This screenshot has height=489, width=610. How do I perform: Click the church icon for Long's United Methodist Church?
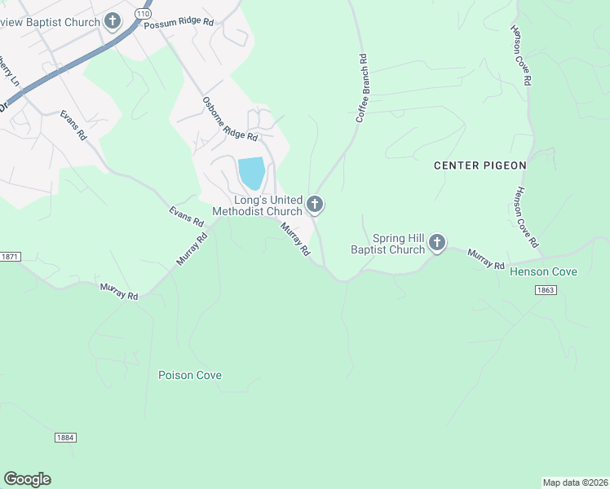pos(315,205)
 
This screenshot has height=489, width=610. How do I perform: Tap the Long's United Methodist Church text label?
pos(257,205)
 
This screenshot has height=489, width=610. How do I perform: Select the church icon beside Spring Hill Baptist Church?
pos(437,242)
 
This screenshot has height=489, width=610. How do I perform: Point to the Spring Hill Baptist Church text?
pos(388,244)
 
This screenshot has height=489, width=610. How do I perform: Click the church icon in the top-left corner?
pos(113,22)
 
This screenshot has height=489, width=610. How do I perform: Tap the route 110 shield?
pos(144,15)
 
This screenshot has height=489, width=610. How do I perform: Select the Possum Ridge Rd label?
pos(178,24)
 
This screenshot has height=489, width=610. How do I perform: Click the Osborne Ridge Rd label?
pos(230,118)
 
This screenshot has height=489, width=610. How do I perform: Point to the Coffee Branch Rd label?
pos(361,88)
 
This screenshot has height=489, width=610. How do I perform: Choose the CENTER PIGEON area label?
pos(480,165)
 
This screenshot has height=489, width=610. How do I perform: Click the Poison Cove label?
pos(190,376)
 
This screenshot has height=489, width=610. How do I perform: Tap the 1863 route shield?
pos(546,289)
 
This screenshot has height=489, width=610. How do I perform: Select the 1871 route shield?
pos(8,257)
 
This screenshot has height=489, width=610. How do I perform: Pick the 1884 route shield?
pos(66,438)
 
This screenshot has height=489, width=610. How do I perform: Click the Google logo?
pos(27,479)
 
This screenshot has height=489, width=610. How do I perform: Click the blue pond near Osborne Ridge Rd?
pos(251,173)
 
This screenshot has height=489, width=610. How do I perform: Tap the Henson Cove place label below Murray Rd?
pos(543,271)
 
